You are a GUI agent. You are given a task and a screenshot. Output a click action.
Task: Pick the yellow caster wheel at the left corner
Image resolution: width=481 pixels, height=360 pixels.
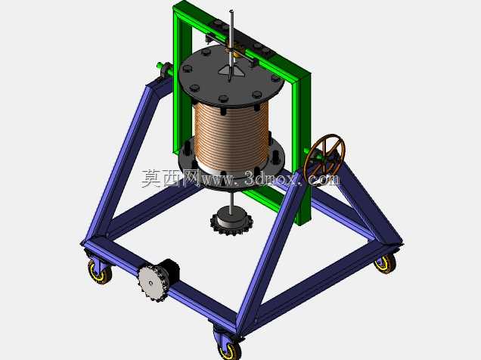tap(100, 272)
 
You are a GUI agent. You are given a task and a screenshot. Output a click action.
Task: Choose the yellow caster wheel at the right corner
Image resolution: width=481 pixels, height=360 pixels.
tap(385, 264)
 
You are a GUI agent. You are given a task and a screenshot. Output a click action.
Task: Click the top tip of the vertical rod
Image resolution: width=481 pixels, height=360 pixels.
tap(232, 11)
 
